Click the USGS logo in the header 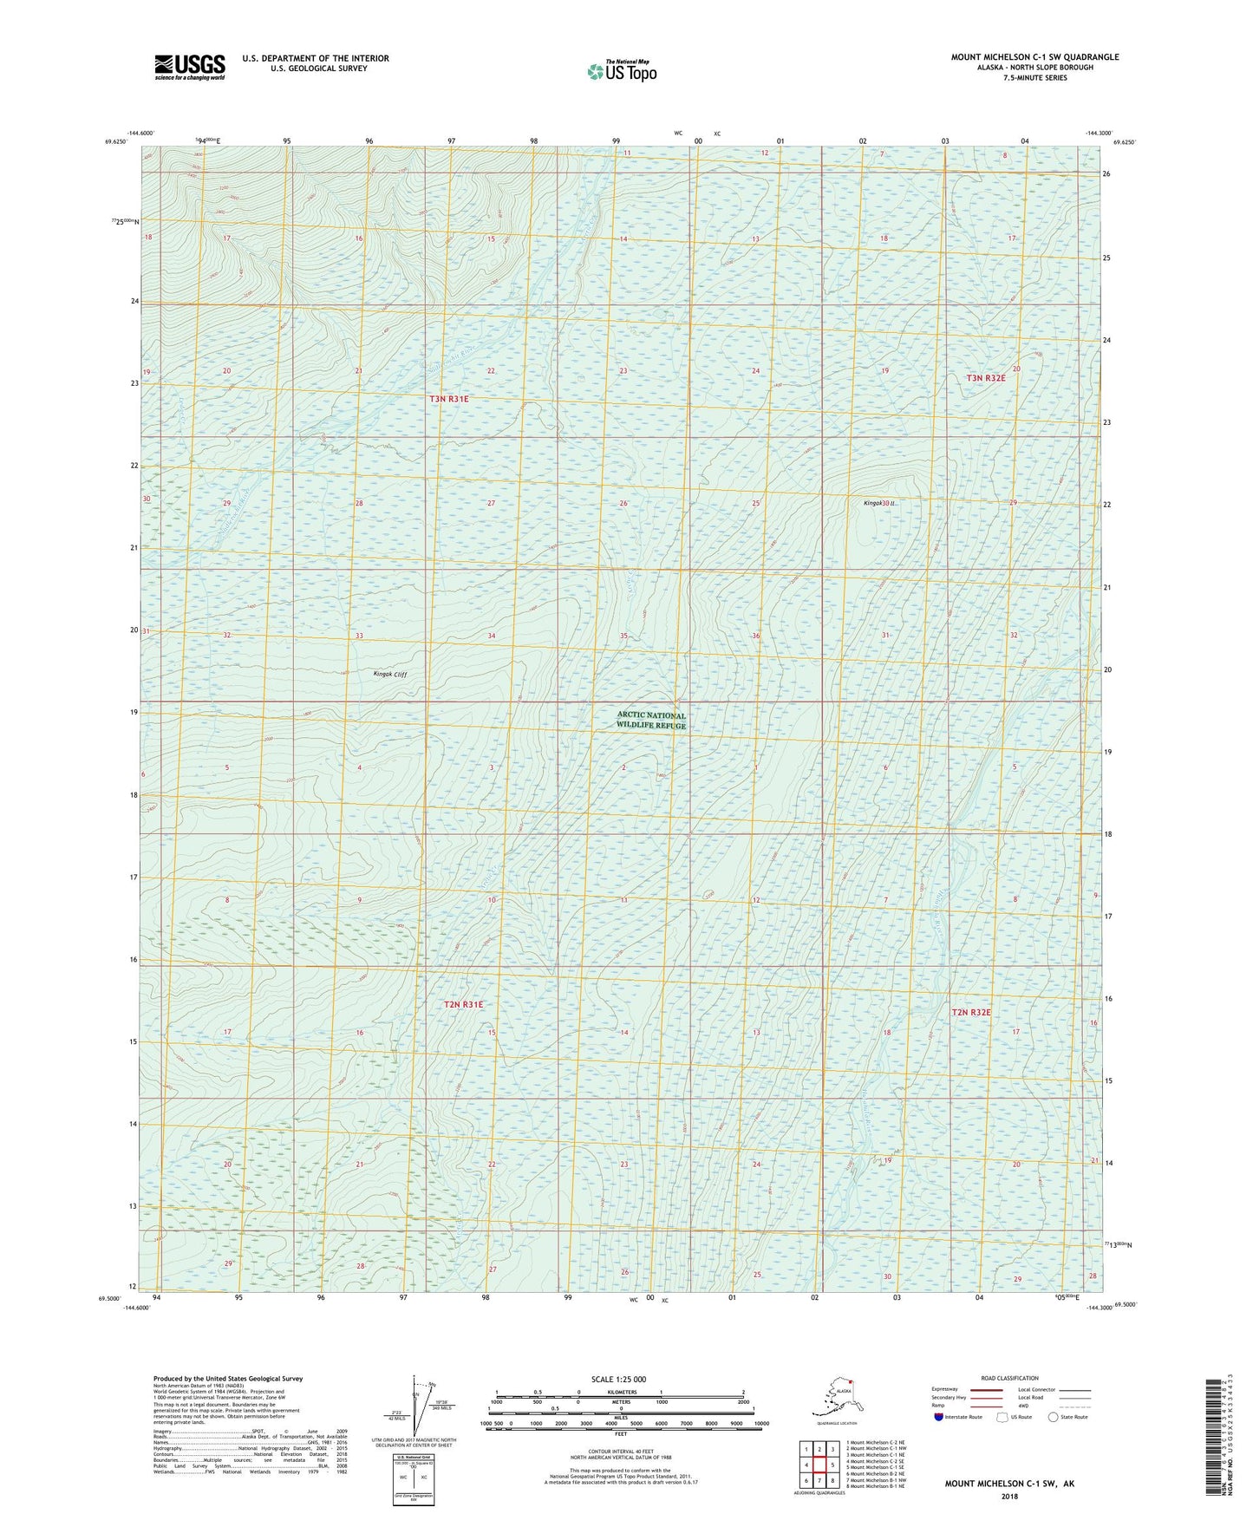pyautogui.click(x=190, y=67)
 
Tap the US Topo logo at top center pyautogui.click(x=621, y=71)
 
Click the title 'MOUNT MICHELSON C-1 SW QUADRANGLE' pyautogui.click(x=1034, y=57)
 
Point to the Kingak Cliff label pyautogui.click(x=389, y=674)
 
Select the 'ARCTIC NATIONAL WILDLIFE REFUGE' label pyautogui.click(x=650, y=721)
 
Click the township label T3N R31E pyautogui.click(x=448, y=399)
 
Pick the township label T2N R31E pyautogui.click(x=463, y=1004)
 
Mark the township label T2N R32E pyautogui.click(x=970, y=1012)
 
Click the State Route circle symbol pyautogui.click(x=1054, y=1417)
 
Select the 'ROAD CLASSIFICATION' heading pyautogui.click(x=1010, y=1378)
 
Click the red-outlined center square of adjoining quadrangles pyautogui.click(x=819, y=1465)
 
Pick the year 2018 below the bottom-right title pyautogui.click(x=1009, y=1497)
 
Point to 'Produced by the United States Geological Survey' pyautogui.click(x=228, y=1379)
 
